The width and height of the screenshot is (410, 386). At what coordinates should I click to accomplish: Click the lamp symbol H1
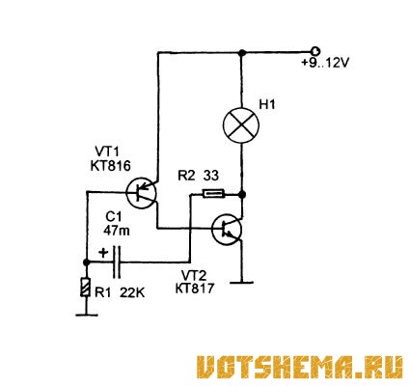coord(241,125)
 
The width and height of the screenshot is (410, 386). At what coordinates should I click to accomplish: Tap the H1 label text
coord(267,105)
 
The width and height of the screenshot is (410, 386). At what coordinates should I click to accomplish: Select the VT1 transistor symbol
coord(141,193)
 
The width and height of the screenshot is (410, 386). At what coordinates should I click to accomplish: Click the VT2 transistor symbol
coord(227,230)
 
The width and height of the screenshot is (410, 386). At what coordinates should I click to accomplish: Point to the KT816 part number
coord(111,166)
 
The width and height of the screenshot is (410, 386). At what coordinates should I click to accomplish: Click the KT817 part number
coord(195,289)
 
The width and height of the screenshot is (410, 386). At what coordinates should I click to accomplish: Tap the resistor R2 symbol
coord(213,194)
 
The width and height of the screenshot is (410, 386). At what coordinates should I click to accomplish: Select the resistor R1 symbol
coord(86,287)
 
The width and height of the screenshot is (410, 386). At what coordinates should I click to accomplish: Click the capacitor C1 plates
coord(117,262)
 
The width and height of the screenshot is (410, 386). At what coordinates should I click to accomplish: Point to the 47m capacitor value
coord(117,231)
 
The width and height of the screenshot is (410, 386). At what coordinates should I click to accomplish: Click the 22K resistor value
coord(132,293)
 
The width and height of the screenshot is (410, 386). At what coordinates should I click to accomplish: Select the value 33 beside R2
coord(211,176)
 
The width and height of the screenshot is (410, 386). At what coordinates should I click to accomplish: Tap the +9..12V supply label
coord(325,63)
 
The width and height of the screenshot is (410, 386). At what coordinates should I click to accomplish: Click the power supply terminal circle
coord(314,51)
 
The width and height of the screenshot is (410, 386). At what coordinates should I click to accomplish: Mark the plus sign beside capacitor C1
coord(103,252)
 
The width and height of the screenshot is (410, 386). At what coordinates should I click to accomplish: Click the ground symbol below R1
coord(86,315)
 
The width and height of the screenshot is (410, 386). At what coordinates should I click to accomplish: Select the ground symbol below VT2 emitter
coord(241,283)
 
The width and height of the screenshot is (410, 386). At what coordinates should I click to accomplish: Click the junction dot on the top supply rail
coord(242,52)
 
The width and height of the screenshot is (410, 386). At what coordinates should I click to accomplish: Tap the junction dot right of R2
coord(242,194)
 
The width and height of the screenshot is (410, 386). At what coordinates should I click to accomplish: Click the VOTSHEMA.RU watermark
coord(299,367)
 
